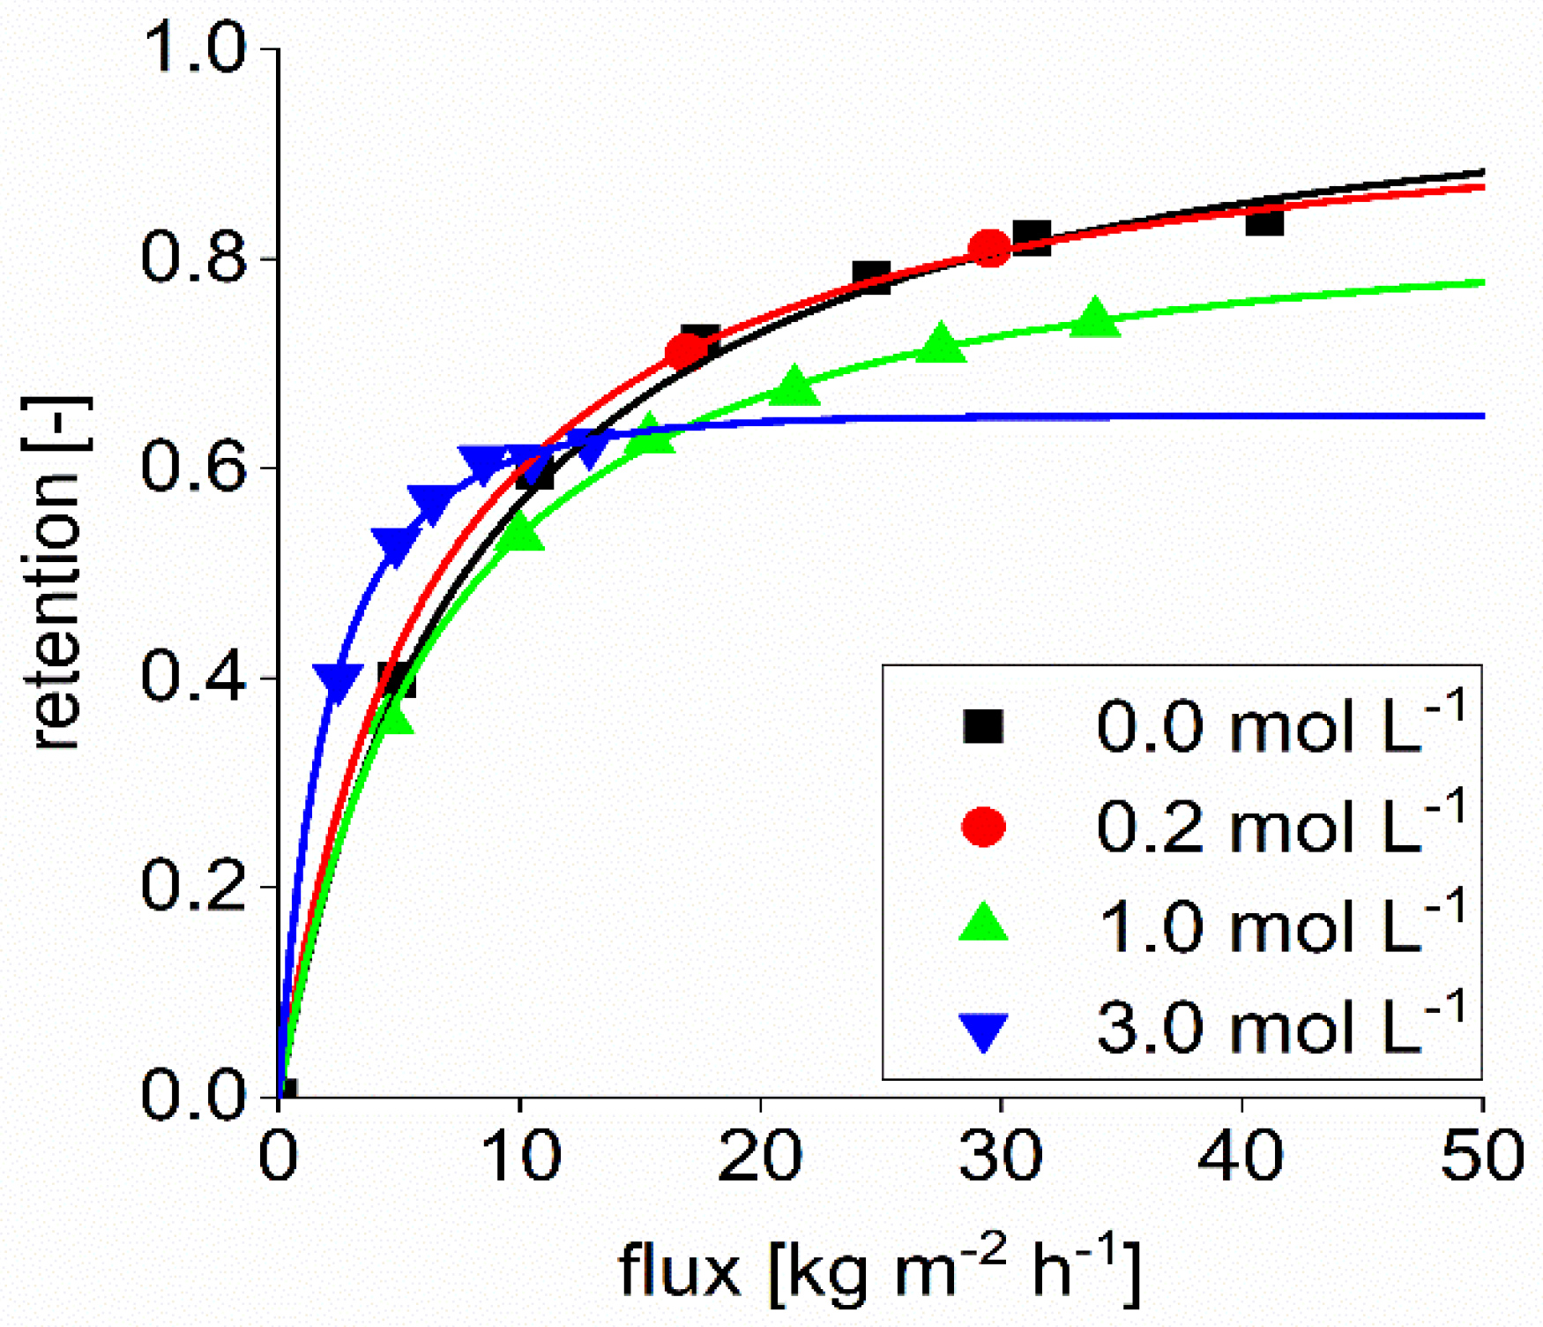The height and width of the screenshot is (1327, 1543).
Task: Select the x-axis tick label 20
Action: [759, 1157]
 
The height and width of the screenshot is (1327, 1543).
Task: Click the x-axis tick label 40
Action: [1241, 1157]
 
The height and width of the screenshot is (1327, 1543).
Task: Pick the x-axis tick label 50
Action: [1482, 1157]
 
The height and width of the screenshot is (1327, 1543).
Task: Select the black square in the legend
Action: [983, 726]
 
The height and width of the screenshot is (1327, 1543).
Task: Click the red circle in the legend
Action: [983, 827]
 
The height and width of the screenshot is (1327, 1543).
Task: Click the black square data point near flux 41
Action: [1264, 220]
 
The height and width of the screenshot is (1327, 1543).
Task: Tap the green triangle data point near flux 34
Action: [1095, 318]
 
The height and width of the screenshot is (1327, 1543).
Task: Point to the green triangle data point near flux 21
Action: [794, 386]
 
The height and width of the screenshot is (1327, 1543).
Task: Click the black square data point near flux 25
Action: [871, 277]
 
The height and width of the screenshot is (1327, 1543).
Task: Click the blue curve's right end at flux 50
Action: [1481, 416]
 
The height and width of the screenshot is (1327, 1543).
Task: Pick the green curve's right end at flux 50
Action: [1481, 282]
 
